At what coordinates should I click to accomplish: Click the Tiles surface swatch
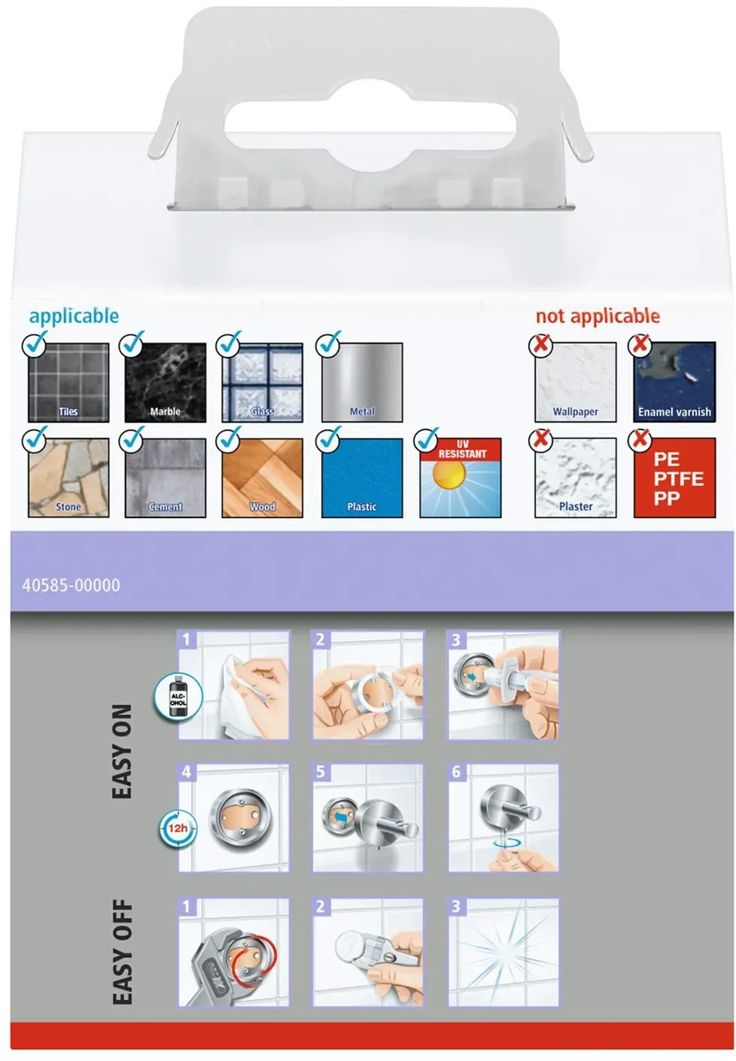68,382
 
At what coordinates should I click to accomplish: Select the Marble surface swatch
165,382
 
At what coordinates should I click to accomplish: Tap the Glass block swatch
262,382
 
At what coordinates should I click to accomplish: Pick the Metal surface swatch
361,382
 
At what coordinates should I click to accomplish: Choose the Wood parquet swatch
262,477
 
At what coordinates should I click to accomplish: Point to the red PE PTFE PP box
674,477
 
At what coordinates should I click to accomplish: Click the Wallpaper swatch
575,382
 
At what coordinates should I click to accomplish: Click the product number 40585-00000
71,585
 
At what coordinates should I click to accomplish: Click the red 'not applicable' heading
598,316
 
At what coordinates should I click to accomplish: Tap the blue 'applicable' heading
74,316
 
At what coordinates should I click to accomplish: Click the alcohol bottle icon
178,697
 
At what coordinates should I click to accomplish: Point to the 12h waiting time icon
177,828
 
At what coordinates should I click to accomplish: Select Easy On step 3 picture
503,684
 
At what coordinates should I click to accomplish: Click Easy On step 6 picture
503,817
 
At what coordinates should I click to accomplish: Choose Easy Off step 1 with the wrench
233,952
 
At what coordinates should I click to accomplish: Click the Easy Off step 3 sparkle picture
503,952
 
